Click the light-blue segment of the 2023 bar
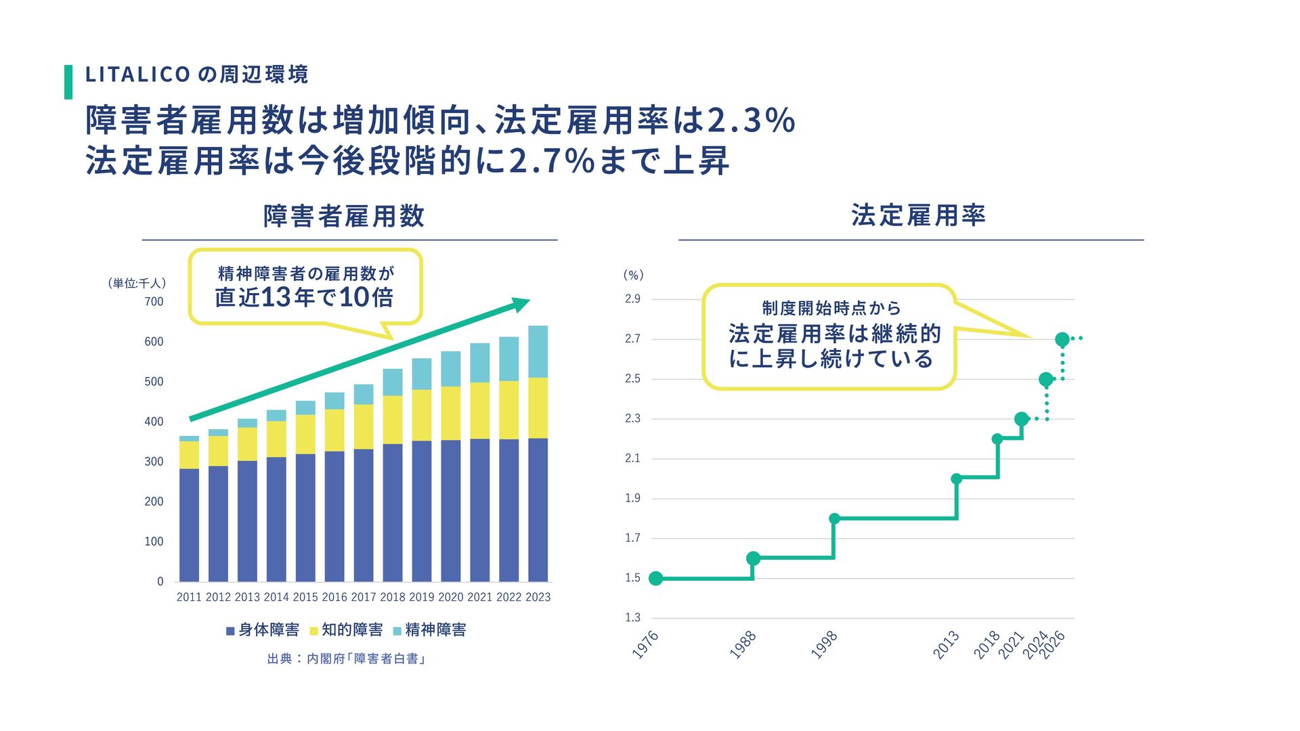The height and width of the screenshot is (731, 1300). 538,351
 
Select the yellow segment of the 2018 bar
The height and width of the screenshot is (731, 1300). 393,420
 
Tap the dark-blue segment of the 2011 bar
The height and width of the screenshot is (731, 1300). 190,525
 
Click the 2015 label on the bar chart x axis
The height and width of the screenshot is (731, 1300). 305,597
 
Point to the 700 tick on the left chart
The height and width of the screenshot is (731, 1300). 154,302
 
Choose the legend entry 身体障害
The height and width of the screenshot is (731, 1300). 263,630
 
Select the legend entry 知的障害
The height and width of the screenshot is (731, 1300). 346,630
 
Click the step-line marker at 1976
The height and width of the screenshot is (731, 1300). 655,578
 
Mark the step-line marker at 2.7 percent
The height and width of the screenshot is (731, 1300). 1062,339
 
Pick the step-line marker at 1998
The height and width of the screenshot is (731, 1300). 834,518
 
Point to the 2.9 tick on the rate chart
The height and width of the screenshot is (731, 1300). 632,299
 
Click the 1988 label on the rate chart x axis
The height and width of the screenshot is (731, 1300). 743,645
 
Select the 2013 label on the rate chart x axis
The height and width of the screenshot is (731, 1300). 946,645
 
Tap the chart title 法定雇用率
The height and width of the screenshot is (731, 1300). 918,215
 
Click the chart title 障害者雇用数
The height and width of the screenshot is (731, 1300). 344,217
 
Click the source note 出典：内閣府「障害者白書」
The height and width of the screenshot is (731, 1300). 346,659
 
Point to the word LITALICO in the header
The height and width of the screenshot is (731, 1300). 137,74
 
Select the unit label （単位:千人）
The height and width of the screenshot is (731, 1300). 137,284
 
